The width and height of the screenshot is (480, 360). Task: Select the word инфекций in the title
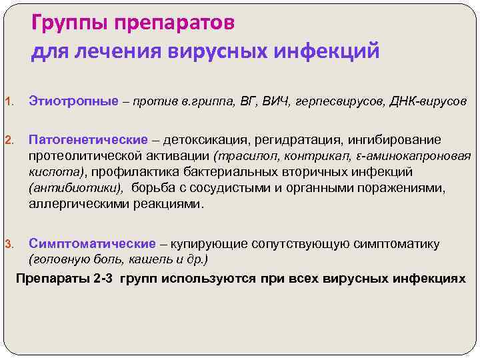[x=331, y=51]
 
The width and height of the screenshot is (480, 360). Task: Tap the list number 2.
[x=9, y=141]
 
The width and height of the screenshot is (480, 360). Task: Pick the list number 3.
[x=9, y=244]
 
